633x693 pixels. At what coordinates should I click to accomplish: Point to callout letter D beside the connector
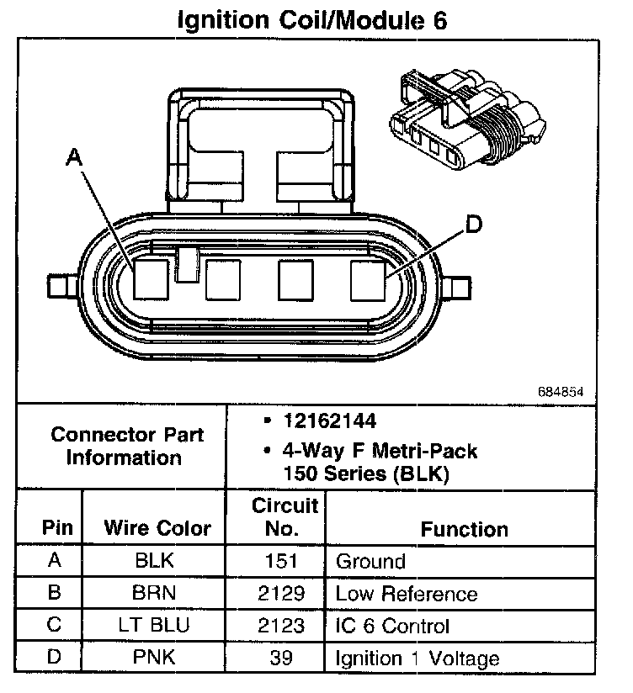point(474,225)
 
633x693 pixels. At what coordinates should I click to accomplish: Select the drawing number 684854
point(561,392)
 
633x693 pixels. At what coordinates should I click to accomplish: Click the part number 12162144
point(329,421)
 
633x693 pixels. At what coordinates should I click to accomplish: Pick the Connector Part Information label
point(127,447)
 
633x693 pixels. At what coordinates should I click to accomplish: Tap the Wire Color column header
point(157,529)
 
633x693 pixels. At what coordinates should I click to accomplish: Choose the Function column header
point(465,529)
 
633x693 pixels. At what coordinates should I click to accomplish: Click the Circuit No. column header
point(276,517)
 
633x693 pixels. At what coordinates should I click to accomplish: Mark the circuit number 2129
point(276,595)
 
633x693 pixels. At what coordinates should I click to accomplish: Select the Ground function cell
point(370,562)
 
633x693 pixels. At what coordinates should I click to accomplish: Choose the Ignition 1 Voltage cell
point(418,659)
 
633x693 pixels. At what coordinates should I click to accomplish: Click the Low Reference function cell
point(407,595)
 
